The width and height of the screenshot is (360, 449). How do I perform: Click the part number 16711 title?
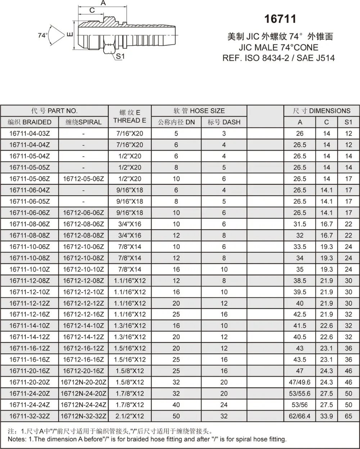(x=280, y=19)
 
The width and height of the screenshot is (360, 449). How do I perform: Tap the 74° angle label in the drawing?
(x=43, y=36)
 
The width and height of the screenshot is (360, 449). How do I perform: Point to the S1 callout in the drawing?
(x=120, y=56)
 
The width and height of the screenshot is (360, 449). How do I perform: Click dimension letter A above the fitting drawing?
(x=103, y=3)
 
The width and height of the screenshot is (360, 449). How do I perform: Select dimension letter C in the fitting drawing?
(x=92, y=10)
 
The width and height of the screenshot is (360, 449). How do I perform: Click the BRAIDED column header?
(x=30, y=122)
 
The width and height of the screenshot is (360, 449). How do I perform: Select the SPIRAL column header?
(x=84, y=122)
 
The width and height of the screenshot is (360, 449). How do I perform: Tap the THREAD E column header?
(x=130, y=120)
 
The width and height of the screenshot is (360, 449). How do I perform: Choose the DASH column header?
(x=224, y=122)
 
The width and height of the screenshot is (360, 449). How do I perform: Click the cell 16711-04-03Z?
(x=30, y=133)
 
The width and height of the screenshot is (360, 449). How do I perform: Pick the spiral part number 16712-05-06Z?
(x=84, y=179)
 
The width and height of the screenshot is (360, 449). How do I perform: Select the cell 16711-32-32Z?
(x=30, y=416)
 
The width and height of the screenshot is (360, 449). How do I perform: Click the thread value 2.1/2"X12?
(x=130, y=416)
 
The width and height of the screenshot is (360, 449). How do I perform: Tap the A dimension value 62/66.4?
(x=300, y=416)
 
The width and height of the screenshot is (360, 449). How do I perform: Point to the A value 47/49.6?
(x=300, y=382)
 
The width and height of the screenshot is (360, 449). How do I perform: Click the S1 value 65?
(x=348, y=416)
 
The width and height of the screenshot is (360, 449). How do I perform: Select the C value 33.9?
(x=327, y=416)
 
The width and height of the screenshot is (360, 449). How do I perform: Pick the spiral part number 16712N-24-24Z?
(x=84, y=405)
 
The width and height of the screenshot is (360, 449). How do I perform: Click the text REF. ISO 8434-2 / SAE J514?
(x=279, y=58)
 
